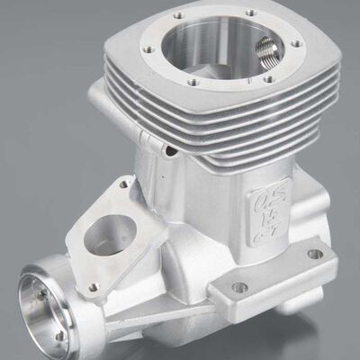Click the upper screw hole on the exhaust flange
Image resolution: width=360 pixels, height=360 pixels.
[x=123, y=184]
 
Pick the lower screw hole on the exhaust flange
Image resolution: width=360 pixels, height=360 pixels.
[x=92, y=287]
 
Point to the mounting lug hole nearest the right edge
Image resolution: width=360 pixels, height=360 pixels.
[x=314, y=254]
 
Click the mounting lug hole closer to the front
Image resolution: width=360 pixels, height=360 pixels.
[x=239, y=288]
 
